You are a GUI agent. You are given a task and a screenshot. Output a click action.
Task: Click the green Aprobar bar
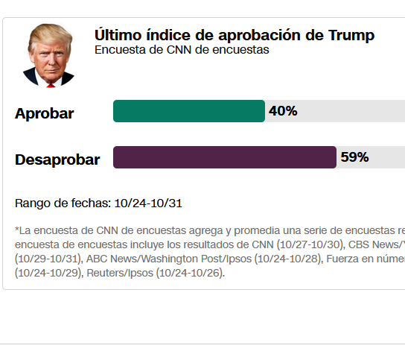(188, 111)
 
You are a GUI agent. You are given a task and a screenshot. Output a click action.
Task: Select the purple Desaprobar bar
(224, 157)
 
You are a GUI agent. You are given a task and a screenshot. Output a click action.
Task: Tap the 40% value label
(283, 111)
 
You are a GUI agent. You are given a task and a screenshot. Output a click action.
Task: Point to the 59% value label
(354, 157)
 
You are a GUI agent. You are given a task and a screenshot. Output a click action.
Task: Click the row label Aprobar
(44, 114)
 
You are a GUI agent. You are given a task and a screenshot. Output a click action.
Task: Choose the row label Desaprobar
(57, 160)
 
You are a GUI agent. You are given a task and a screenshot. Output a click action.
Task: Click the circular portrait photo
(48, 55)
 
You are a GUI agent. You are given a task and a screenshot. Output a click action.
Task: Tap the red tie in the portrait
(51, 84)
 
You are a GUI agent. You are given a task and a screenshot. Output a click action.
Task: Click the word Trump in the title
(351, 35)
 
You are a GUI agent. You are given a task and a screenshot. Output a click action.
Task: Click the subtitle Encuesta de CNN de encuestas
(182, 50)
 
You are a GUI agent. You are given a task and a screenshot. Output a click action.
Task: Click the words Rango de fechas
(62, 203)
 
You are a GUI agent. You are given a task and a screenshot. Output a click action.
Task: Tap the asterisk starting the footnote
(17, 230)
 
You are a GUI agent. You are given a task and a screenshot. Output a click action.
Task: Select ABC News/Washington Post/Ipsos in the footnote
(169, 259)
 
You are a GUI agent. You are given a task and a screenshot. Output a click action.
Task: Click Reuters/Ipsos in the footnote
(119, 273)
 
